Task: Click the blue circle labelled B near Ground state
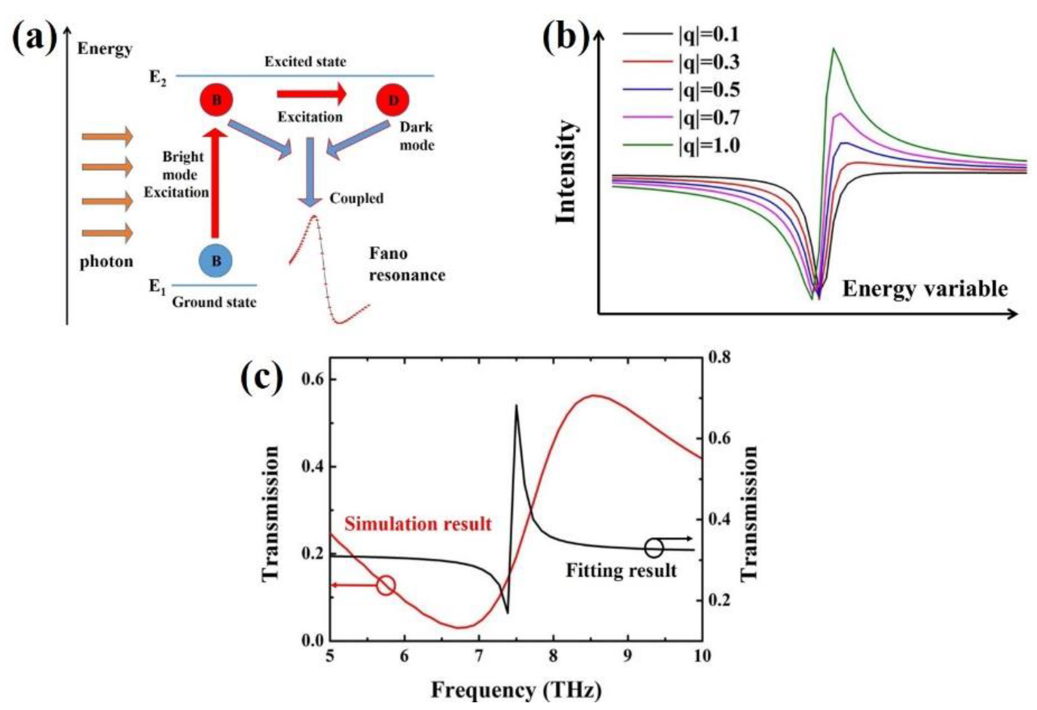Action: tap(215, 261)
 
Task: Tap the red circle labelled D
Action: tap(393, 100)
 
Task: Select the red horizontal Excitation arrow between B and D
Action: tap(311, 94)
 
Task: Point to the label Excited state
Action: tap(305, 62)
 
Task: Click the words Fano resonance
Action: tap(407, 264)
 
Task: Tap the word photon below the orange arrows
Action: tap(106, 261)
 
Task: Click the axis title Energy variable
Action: tap(925, 289)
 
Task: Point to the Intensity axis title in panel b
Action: tap(566, 172)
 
